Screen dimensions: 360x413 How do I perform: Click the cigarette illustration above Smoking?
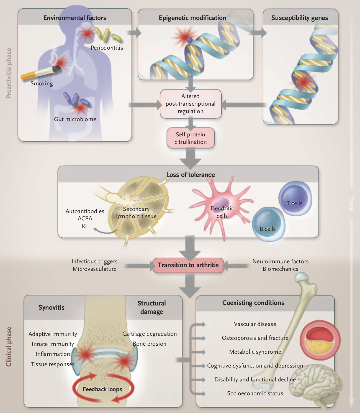pyautogui.click(x=41, y=72)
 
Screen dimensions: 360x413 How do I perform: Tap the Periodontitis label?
pyautogui.click(x=107, y=48)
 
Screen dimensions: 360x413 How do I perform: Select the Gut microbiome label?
pyautogui.click(x=75, y=119)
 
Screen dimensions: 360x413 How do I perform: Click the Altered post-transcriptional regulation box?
pyautogui.click(x=191, y=104)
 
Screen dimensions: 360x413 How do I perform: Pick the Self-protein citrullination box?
pyautogui.click(x=191, y=138)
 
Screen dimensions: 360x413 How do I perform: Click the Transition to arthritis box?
pyautogui.click(x=188, y=265)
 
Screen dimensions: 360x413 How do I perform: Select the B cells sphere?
pyautogui.click(x=268, y=224)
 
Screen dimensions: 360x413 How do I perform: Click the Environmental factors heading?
pyautogui.click(x=74, y=18)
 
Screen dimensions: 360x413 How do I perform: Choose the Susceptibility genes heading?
pyautogui.click(x=300, y=18)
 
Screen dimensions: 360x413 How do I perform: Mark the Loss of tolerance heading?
pyautogui.click(x=191, y=175)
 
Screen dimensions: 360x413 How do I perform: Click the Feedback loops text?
pyautogui.click(x=102, y=389)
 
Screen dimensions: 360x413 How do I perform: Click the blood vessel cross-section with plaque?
pyautogui.click(x=320, y=340)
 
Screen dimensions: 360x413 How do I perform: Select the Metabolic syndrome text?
pyautogui.click(x=255, y=352)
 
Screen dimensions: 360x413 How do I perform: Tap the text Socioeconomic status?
pyautogui.click(x=255, y=393)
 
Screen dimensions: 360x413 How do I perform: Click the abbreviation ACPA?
pyautogui.click(x=85, y=218)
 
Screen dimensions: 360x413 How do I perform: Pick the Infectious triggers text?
pyautogui.click(x=94, y=261)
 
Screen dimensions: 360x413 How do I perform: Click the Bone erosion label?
pyautogui.click(x=150, y=343)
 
